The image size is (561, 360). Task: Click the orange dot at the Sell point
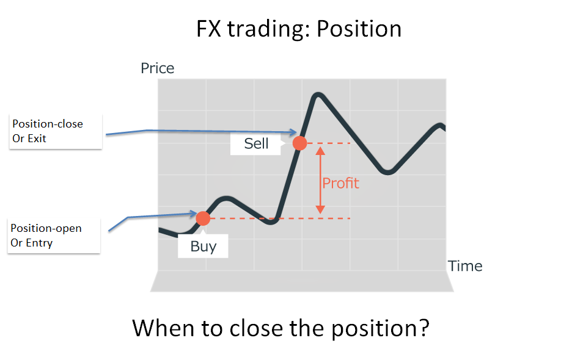[300, 143]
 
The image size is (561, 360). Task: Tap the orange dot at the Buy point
[203, 218]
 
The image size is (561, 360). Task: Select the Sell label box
[255, 143]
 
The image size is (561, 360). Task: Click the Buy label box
[203, 246]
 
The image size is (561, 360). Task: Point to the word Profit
[340, 183]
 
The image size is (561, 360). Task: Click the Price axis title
[158, 68]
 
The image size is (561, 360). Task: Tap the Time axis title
[465, 266]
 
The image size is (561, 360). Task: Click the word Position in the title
[359, 29]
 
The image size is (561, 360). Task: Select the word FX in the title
[209, 29]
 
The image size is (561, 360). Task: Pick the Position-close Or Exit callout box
[56, 131]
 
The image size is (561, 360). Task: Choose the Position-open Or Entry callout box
[54, 236]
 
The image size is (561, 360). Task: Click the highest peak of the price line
[318, 95]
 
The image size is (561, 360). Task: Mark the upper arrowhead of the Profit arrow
[320, 151]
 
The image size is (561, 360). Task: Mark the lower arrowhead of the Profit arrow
[320, 210]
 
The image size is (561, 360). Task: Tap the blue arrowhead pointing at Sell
[293, 132]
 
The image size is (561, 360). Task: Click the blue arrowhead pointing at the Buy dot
[193, 214]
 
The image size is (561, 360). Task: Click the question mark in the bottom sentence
[424, 328]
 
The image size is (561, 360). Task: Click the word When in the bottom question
[164, 328]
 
